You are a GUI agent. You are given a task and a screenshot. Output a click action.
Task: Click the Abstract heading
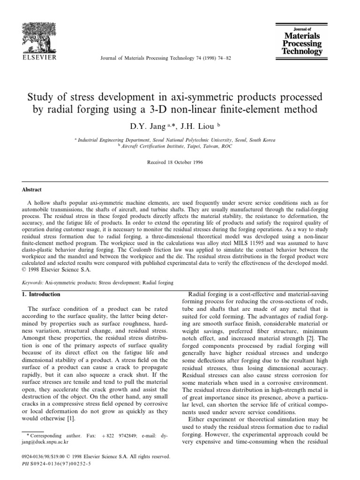pos(32,190)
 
